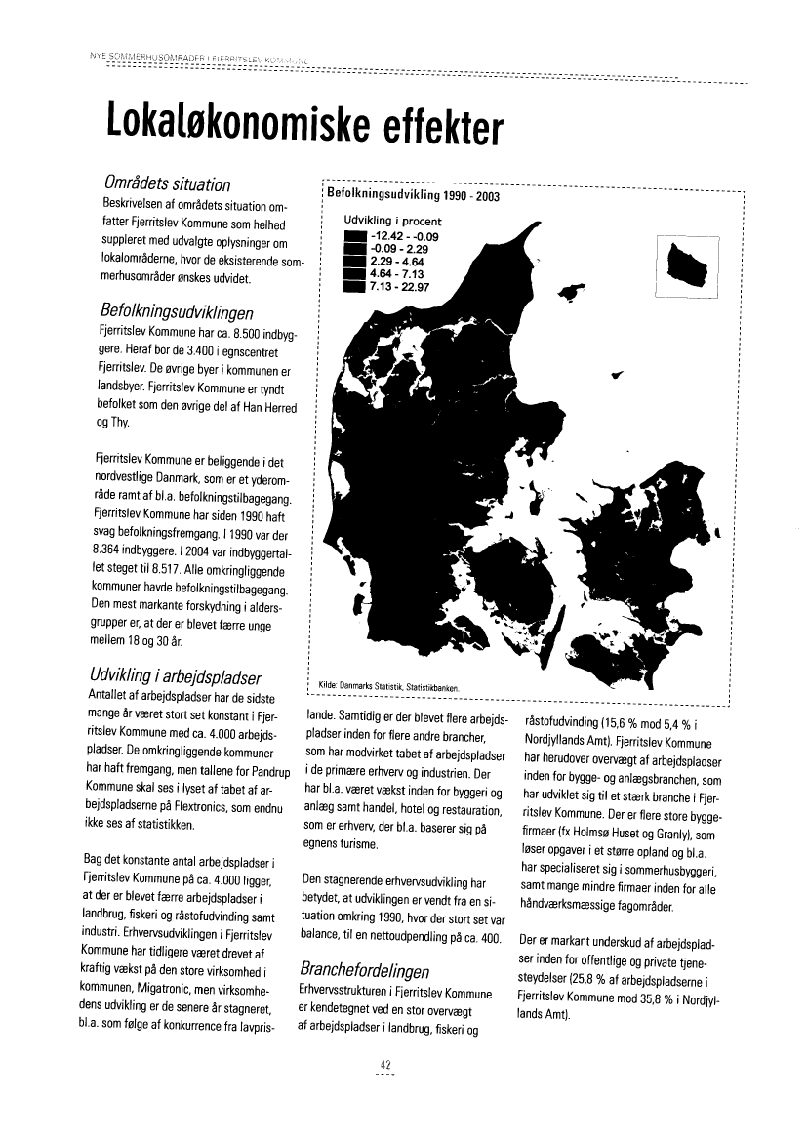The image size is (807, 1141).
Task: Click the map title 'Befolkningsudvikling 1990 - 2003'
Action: point(413,196)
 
